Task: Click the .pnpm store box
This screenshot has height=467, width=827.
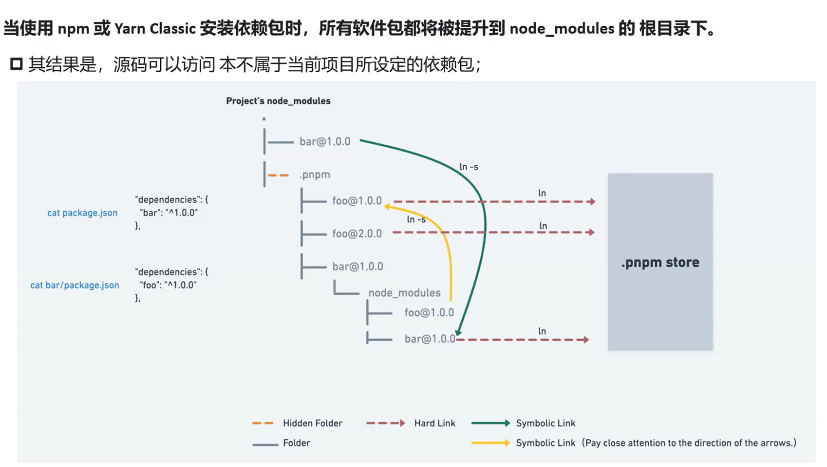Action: (x=660, y=262)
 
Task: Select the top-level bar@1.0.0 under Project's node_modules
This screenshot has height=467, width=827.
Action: (x=324, y=141)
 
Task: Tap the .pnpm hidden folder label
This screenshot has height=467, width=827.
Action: (x=315, y=175)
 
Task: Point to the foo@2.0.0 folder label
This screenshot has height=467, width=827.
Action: (x=357, y=233)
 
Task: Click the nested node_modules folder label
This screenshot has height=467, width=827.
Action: (x=404, y=292)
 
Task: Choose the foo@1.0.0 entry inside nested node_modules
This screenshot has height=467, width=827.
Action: (x=429, y=312)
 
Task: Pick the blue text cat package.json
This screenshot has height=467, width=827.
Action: (x=82, y=213)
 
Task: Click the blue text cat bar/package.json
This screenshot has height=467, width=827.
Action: (x=75, y=285)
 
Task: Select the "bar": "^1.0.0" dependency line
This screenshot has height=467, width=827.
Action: (x=169, y=213)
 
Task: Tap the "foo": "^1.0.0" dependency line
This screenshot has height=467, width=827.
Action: (x=168, y=285)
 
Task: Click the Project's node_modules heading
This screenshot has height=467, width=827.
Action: (x=278, y=101)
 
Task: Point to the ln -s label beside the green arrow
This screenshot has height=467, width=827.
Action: (x=469, y=167)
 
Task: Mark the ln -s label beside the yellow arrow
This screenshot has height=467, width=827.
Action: (x=416, y=219)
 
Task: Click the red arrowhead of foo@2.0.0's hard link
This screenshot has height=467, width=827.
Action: (x=591, y=233)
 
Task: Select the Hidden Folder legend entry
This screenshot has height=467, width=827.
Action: (x=312, y=423)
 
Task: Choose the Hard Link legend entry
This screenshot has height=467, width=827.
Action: (x=434, y=423)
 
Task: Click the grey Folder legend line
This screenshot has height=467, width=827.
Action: (x=265, y=444)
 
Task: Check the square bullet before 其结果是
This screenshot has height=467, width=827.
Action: (x=17, y=64)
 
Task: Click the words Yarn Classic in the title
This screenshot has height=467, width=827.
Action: (x=154, y=29)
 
